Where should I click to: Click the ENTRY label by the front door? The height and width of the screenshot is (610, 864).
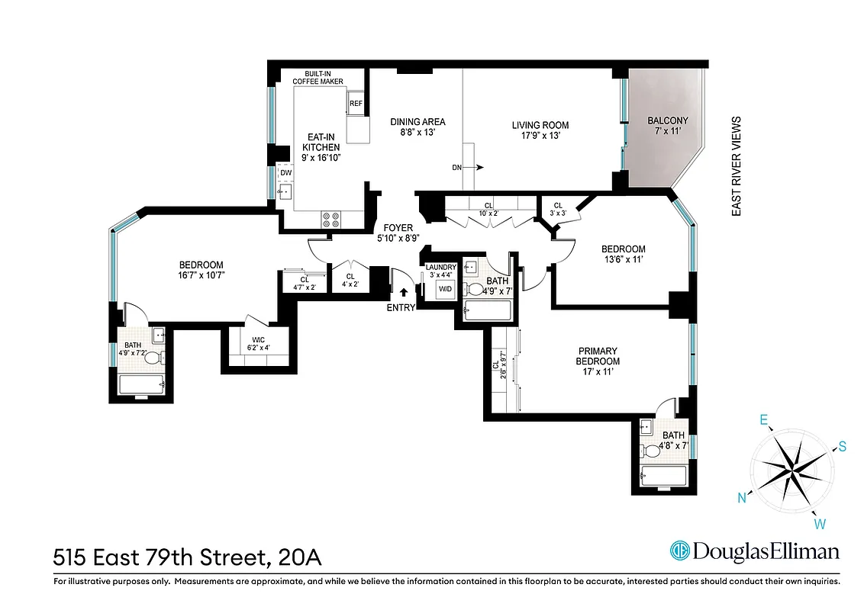click(x=401, y=308)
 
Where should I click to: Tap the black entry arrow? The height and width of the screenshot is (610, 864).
click(x=404, y=291)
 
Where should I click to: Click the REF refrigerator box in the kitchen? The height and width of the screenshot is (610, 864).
click(x=356, y=104)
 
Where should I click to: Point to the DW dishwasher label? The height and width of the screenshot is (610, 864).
click(x=285, y=173)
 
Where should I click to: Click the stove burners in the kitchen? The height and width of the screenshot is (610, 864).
click(x=331, y=220)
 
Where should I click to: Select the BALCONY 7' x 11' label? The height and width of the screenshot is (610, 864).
click(x=668, y=127)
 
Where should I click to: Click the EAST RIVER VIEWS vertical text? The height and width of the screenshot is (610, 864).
click(x=737, y=166)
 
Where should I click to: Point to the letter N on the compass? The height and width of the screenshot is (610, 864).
click(x=740, y=499)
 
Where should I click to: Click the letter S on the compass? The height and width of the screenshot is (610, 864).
click(x=843, y=447)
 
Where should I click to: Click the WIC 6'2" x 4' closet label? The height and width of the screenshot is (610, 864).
click(x=255, y=343)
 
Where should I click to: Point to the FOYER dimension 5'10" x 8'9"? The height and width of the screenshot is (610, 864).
click(x=398, y=239)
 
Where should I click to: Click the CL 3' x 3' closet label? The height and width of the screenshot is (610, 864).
click(x=558, y=209)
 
